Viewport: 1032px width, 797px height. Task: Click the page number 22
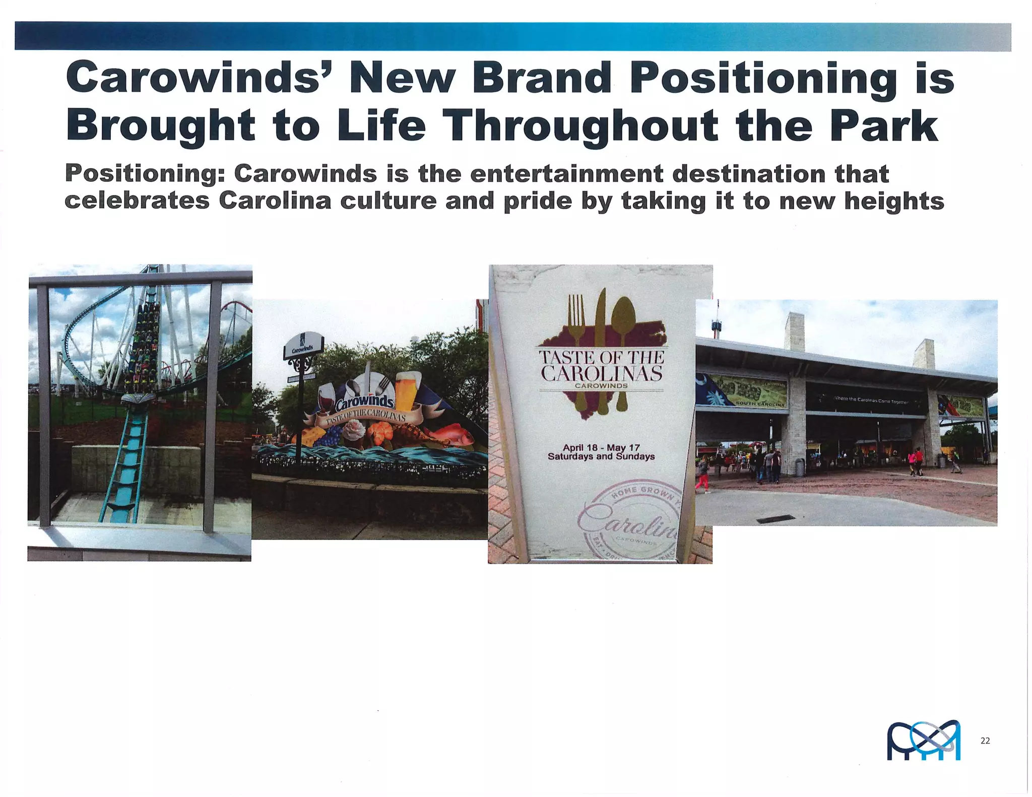985,740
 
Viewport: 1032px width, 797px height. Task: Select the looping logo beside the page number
923,740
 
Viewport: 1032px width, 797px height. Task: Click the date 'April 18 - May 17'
601,447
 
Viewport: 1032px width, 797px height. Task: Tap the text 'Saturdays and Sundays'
601,456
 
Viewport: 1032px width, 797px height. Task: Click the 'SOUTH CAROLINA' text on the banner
761,404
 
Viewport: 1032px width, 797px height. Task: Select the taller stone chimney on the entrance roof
794,330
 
